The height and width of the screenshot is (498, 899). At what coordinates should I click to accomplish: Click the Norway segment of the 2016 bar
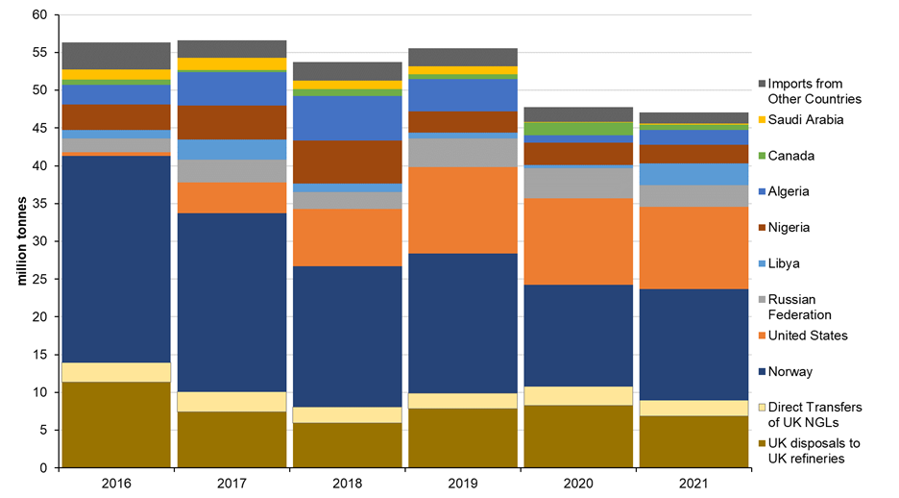point(116,259)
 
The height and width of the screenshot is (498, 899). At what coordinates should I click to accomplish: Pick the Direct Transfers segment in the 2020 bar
point(577,395)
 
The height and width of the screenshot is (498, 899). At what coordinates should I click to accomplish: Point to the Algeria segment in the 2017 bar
point(231,88)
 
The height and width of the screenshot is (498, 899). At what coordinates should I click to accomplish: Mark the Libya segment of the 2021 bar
point(692,174)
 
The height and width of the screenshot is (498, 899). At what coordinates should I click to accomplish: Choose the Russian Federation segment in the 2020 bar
point(577,183)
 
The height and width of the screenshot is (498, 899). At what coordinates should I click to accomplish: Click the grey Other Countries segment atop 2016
point(116,55)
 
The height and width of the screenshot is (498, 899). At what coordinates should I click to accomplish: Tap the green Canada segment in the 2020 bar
point(577,129)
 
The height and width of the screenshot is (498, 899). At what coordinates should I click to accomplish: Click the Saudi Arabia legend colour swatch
point(763,119)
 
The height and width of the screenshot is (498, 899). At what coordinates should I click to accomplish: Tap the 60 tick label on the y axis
point(39,15)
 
